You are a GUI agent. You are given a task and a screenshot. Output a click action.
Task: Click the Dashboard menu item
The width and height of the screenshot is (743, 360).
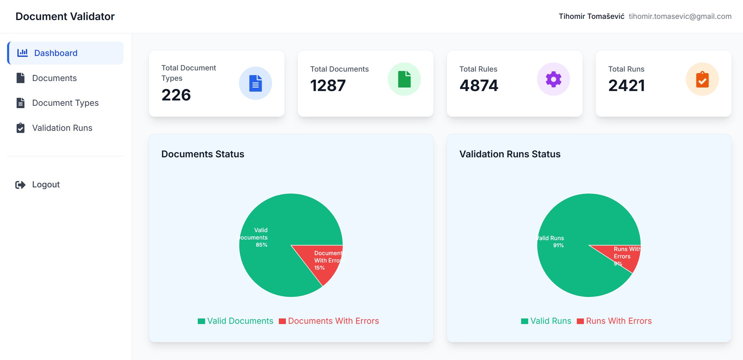coord(56,53)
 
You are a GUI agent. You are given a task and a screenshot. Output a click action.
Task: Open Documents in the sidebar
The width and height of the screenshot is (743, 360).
coord(54,78)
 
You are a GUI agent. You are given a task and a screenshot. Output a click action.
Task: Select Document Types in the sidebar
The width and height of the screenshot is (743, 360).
coord(65,103)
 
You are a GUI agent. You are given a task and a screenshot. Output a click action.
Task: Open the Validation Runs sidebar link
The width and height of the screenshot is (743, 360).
coord(62,128)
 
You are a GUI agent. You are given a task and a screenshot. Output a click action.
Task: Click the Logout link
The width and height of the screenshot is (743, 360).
coord(46,184)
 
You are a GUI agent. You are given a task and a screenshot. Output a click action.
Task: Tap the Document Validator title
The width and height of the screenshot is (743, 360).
coord(65,16)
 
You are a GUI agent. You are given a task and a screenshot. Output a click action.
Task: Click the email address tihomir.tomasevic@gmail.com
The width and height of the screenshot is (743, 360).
coord(680,16)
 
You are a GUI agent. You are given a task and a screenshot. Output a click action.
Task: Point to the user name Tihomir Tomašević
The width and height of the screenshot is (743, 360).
coord(591,16)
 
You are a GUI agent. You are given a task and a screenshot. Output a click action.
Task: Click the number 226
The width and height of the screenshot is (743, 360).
coord(176,95)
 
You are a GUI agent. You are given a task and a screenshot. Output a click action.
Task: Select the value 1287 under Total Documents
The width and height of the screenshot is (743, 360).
coord(328,85)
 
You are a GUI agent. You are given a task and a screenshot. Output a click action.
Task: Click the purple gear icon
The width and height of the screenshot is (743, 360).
coord(553,79)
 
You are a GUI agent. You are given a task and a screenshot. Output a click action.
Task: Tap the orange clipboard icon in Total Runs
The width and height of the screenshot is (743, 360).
coord(702,79)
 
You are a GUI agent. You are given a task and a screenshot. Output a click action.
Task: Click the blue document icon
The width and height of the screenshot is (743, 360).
coord(255,83)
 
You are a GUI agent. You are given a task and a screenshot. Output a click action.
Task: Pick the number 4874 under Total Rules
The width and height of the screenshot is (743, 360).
coord(479,85)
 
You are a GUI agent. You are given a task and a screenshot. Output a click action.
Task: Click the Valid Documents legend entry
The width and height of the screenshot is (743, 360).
coord(235,321)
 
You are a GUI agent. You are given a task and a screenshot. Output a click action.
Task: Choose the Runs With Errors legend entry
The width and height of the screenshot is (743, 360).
coord(614,321)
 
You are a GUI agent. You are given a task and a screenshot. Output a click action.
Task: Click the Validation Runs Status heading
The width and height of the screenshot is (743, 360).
coord(510,154)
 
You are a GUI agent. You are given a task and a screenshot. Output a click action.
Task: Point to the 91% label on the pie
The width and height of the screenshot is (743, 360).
coord(558,245)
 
